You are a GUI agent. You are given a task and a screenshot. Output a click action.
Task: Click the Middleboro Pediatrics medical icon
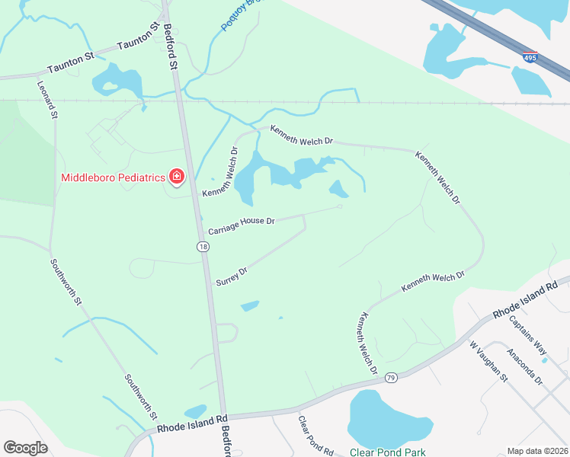177,177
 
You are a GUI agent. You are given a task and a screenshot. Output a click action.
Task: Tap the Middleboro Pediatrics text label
114,177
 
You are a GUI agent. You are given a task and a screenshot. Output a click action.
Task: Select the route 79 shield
391,377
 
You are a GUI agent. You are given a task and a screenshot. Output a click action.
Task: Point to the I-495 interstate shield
530,57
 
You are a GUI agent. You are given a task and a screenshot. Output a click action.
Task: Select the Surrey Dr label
232,274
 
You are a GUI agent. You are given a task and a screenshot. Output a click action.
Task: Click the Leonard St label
47,100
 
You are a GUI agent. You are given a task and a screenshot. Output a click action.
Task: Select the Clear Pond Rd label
315,436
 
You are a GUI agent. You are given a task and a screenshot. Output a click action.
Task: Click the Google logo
26,447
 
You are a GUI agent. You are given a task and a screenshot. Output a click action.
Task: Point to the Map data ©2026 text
536,451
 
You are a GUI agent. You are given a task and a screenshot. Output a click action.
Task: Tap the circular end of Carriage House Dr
339,206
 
